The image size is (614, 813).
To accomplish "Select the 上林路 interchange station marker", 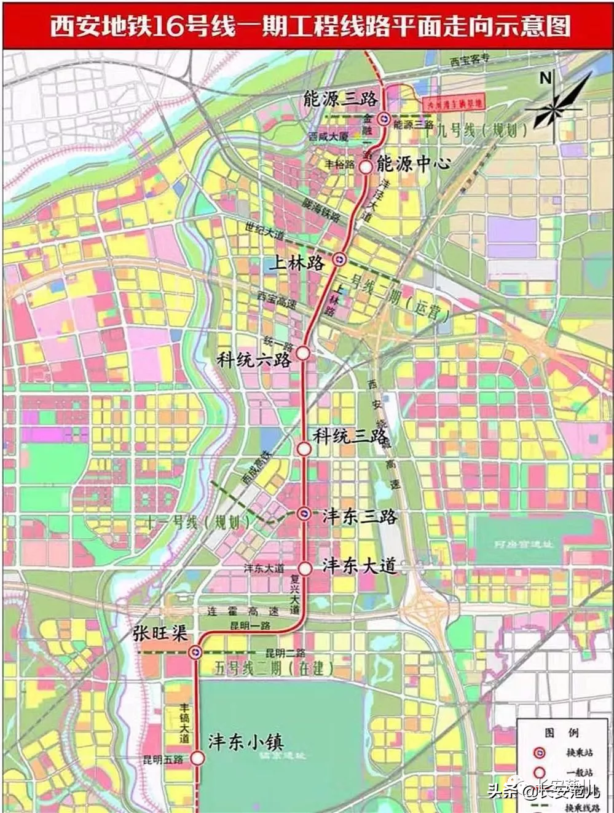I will [x=339, y=261].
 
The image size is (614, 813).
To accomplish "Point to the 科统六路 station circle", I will [x=303, y=352].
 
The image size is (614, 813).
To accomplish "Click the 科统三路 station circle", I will [x=304, y=448].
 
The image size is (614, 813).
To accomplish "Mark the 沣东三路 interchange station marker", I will [x=304, y=514].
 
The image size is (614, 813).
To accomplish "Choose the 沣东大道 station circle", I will [x=304, y=567].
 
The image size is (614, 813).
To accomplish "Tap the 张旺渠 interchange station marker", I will [x=195, y=652].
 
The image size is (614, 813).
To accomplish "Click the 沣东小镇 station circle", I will [x=197, y=758].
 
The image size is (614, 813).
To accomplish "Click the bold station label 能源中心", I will [x=414, y=164].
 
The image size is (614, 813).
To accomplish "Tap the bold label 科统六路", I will [x=254, y=360].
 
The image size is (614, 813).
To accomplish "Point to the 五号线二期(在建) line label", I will [x=274, y=668].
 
